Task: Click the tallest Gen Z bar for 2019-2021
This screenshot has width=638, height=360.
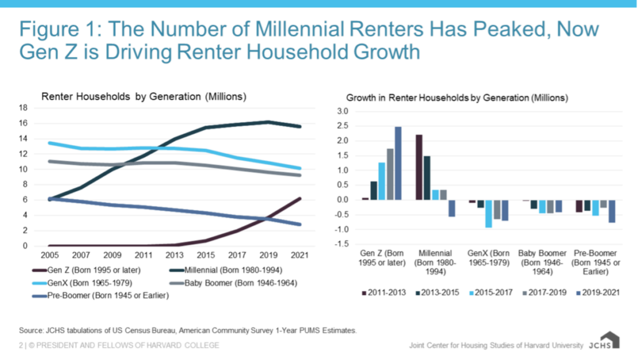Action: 398,163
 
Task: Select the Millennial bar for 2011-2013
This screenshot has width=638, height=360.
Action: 419,167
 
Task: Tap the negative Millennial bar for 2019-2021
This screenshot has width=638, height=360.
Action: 452,208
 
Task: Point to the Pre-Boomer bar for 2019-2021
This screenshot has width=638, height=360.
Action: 612,211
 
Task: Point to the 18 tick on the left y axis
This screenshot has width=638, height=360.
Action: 23,108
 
